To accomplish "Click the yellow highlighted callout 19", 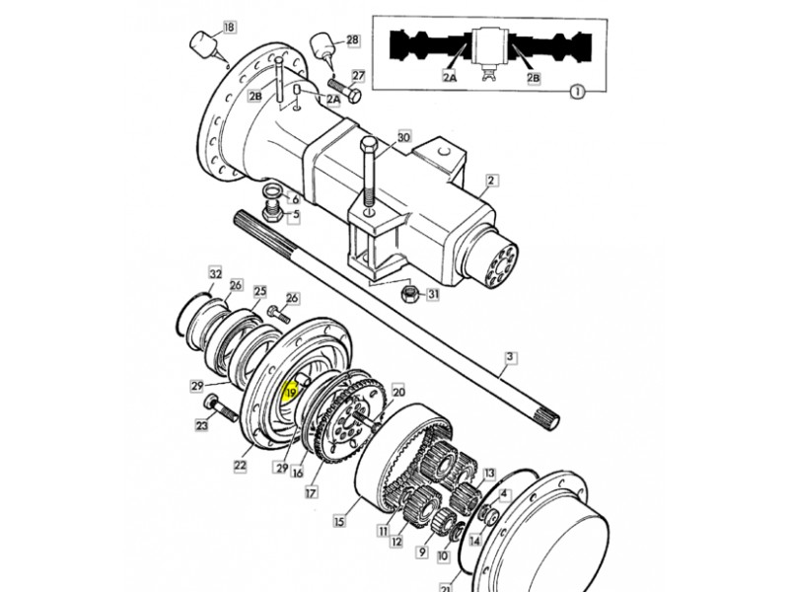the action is tap(291, 391).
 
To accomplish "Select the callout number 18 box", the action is tap(229, 27).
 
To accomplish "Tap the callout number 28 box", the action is tap(353, 39).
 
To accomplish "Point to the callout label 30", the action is tap(404, 136).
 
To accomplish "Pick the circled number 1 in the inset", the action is tap(579, 92).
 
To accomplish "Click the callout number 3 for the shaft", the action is tap(510, 357).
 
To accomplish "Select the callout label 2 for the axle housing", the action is tap(491, 181).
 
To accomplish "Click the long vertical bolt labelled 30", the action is tap(369, 177).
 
